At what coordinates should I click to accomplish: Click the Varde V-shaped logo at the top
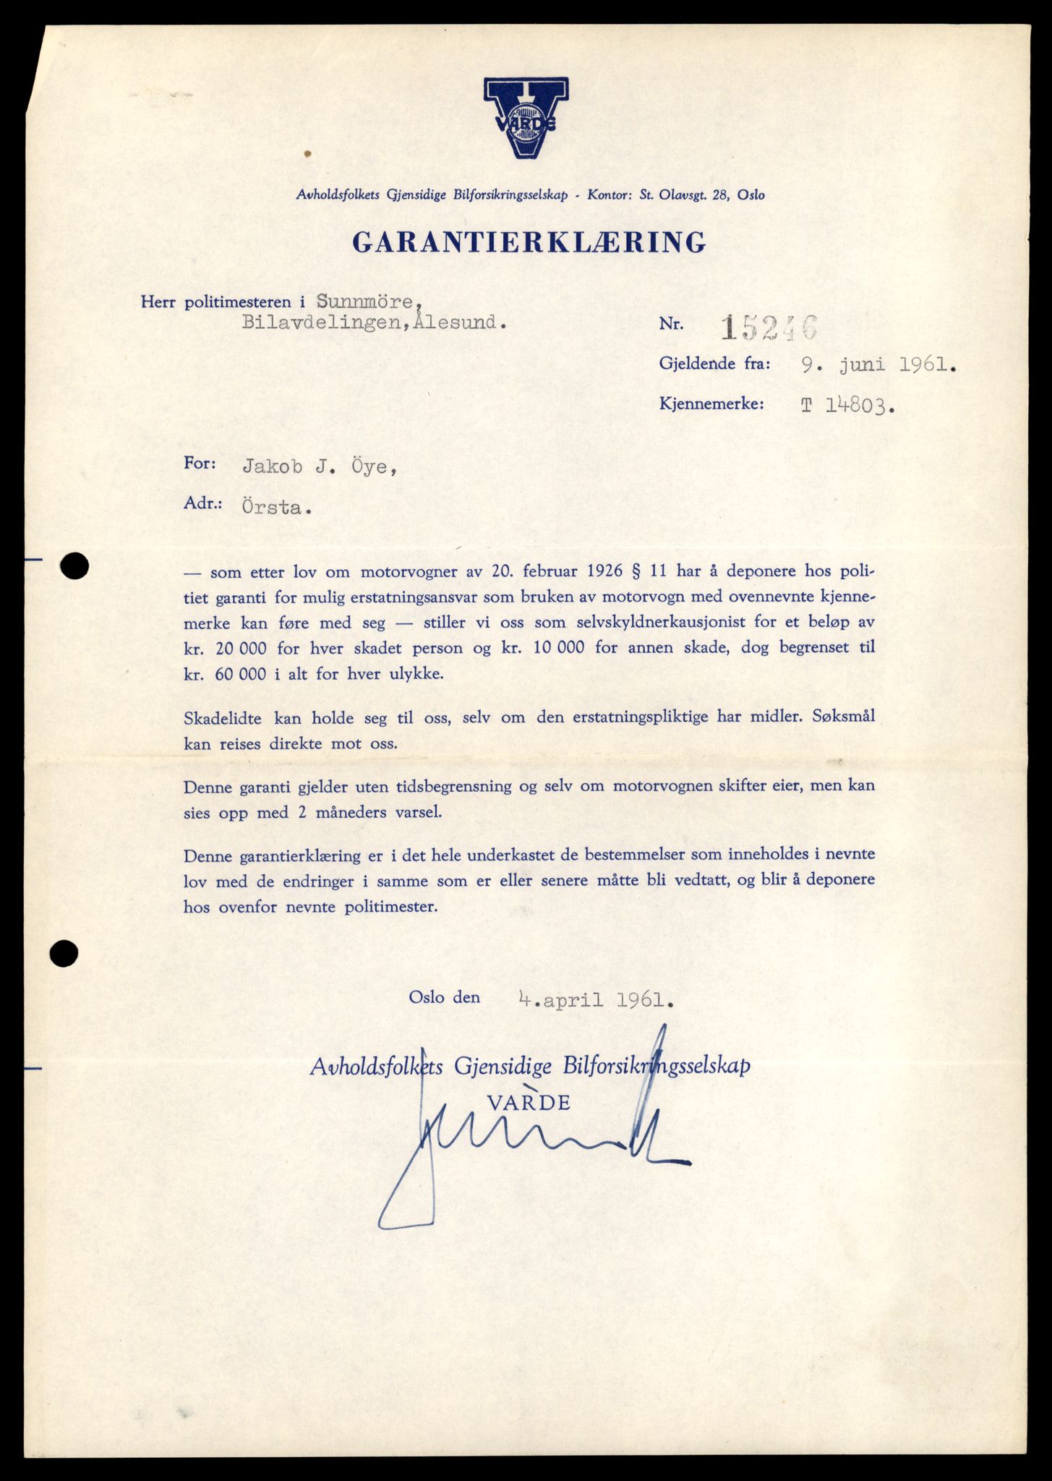(x=526, y=118)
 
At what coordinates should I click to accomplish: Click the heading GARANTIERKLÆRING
(x=529, y=242)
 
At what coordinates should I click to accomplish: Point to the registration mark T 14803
(x=847, y=406)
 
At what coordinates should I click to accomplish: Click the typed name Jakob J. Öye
(x=319, y=467)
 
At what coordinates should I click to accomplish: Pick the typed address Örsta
(x=276, y=508)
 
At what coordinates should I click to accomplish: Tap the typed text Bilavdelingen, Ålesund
(x=373, y=323)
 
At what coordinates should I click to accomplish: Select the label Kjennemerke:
(x=711, y=404)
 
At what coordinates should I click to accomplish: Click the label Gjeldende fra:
(x=714, y=364)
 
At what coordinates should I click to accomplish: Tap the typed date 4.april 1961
(x=596, y=1000)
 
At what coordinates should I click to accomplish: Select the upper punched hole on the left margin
(x=74, y=566)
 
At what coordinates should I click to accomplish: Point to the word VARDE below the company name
(x=529, y=1102)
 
